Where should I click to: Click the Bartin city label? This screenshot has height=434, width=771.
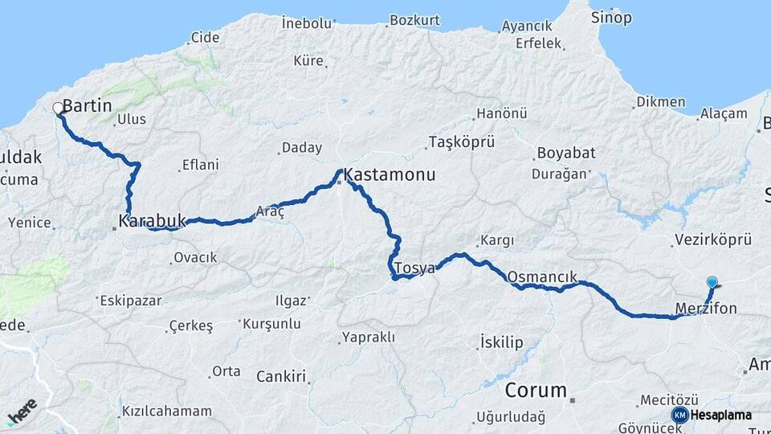(x=87, y=106)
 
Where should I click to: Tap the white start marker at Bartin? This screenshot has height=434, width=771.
(x=58, y=108)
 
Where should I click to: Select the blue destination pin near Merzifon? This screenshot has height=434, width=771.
(x=712, y=282)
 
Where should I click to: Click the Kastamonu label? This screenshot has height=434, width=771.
(x=390, y=174)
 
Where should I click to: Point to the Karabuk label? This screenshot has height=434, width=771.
(x=152, y=219)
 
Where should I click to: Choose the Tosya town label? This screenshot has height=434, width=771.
(x=414, y=268)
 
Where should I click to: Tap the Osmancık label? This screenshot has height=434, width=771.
(x=542, y=276)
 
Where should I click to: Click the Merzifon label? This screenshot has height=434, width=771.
(x=704, y=307)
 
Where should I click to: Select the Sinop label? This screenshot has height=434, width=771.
(x=611, y=18)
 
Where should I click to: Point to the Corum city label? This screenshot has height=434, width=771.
(x=536, y=391)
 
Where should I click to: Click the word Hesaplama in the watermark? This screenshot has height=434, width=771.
(x=721, y=415)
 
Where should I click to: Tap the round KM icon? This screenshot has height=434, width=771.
(x=679, y=415)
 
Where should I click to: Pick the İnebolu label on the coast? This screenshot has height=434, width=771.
(x=308, y=23)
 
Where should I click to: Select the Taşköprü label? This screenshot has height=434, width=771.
(x=461, y=141)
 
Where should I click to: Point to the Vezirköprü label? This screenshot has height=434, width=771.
(x=712, y=240)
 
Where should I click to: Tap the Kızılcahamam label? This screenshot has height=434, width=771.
(x=167, y=411)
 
